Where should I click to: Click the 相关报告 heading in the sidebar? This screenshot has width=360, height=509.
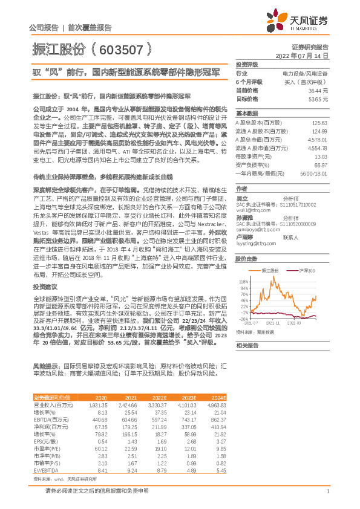click(x=246, y=345)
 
